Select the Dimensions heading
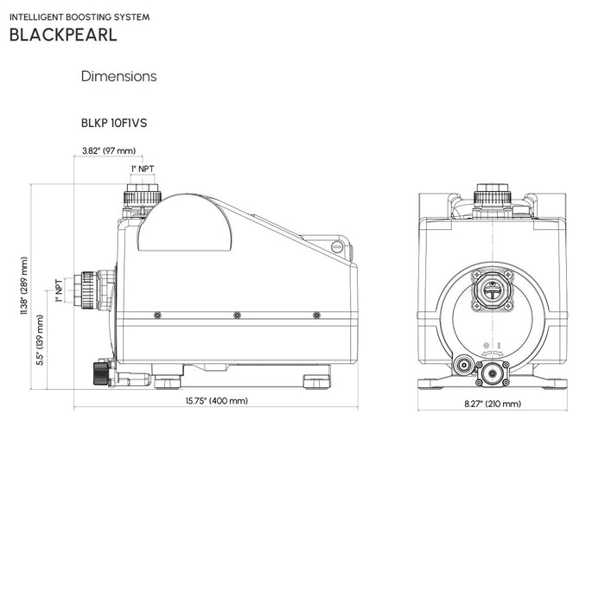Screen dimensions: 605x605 click(118, 76)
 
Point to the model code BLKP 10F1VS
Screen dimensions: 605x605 click(113, 123)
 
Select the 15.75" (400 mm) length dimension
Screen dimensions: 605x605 click(216, 401)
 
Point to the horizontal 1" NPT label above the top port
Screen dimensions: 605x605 click(143, 169)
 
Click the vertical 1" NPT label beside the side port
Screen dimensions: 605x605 click(58, 290)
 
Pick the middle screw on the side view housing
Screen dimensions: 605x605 click(237, 315)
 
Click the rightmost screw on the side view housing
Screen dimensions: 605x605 click(316, 315)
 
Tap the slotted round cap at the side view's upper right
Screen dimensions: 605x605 click(337, 249)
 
